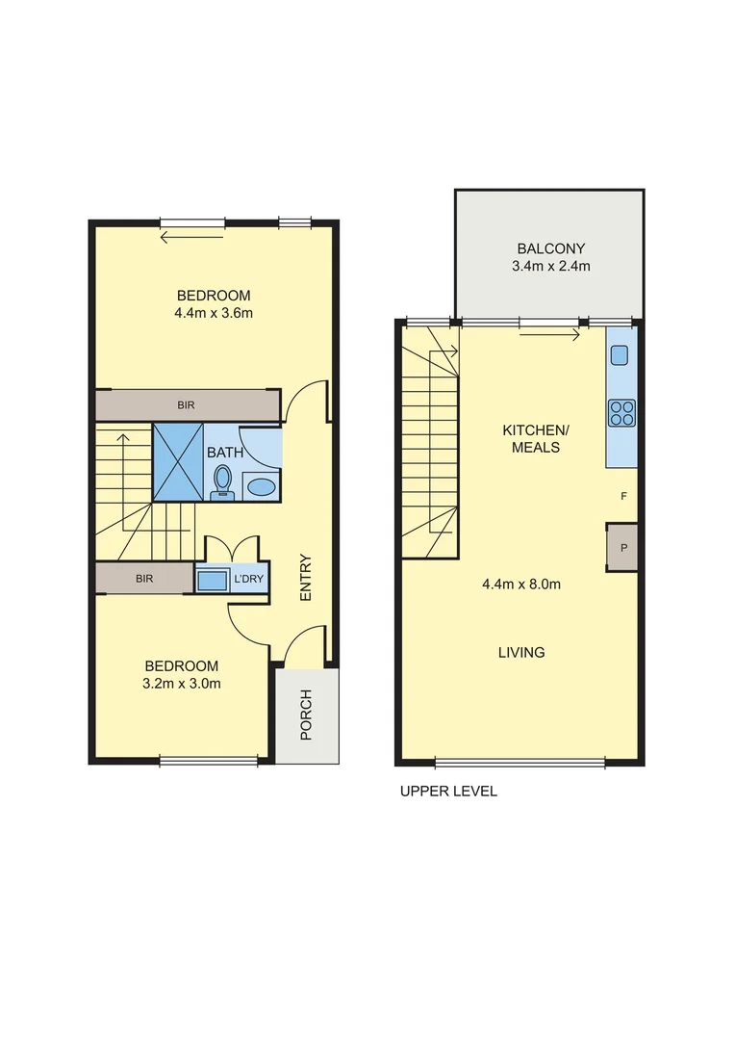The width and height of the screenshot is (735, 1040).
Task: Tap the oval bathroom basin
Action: click(260, 486)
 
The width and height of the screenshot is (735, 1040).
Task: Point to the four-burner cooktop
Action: click(621, 413)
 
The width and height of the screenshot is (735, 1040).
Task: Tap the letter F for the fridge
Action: click(624, 496)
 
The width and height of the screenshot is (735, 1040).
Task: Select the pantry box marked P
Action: click(623, 547)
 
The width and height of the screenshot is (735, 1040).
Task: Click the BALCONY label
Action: click(550, 247)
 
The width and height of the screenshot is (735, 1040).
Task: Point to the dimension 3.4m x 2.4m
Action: click(550, 266)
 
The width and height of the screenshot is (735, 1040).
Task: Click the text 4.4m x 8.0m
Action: click(521, 584)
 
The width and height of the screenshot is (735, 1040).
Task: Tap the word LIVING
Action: click(521, 652)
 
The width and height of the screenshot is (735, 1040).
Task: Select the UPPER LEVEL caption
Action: click(448, 792)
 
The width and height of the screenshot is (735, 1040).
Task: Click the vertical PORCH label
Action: click(307, 715)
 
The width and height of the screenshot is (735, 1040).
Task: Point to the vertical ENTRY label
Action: click(306, 578)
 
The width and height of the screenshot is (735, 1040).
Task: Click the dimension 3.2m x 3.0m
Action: click(182, 685)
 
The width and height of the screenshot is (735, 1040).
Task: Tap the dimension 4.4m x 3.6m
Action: click(214, 313)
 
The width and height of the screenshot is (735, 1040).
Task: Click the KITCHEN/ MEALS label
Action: click(531, 438)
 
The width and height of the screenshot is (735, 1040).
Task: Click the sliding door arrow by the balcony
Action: click(550, 335)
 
